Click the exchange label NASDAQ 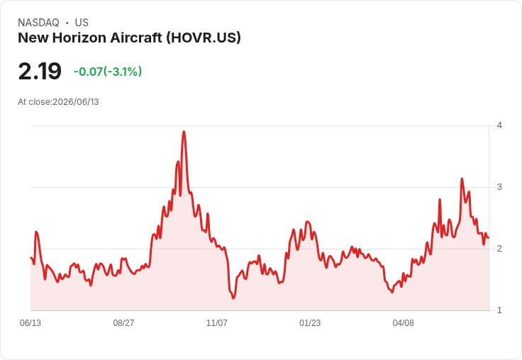coord(38,23)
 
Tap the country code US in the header coord(82,23)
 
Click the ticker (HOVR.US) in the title coord(203,38)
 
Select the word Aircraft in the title coord(136,38)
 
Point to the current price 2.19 coord(40,71)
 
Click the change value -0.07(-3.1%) coord(108,72)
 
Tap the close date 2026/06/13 coord(76,102)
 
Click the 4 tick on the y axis coord(499,125)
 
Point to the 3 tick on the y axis coord(499,187)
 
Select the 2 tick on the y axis coord(499,249)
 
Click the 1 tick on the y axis coord(499,310)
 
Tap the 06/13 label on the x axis coord(30,322)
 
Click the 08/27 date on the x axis coord(123,322)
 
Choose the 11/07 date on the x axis coord(217,322)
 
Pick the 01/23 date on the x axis coord(310,322)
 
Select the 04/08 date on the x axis coord(403,322)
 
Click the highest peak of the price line coord(184,132)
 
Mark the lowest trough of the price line coord(233,298)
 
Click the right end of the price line coord(489,237)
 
